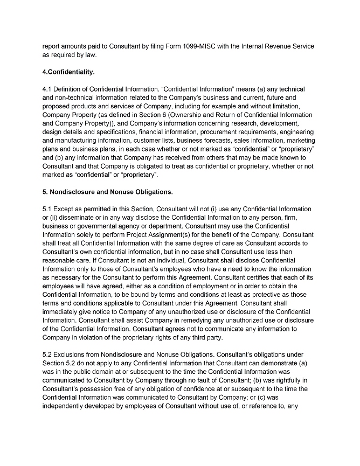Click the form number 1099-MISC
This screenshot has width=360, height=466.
pyautogui.click(x=177, y=46)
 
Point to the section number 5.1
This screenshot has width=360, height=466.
pyautogui.click(x=47, y=208)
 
